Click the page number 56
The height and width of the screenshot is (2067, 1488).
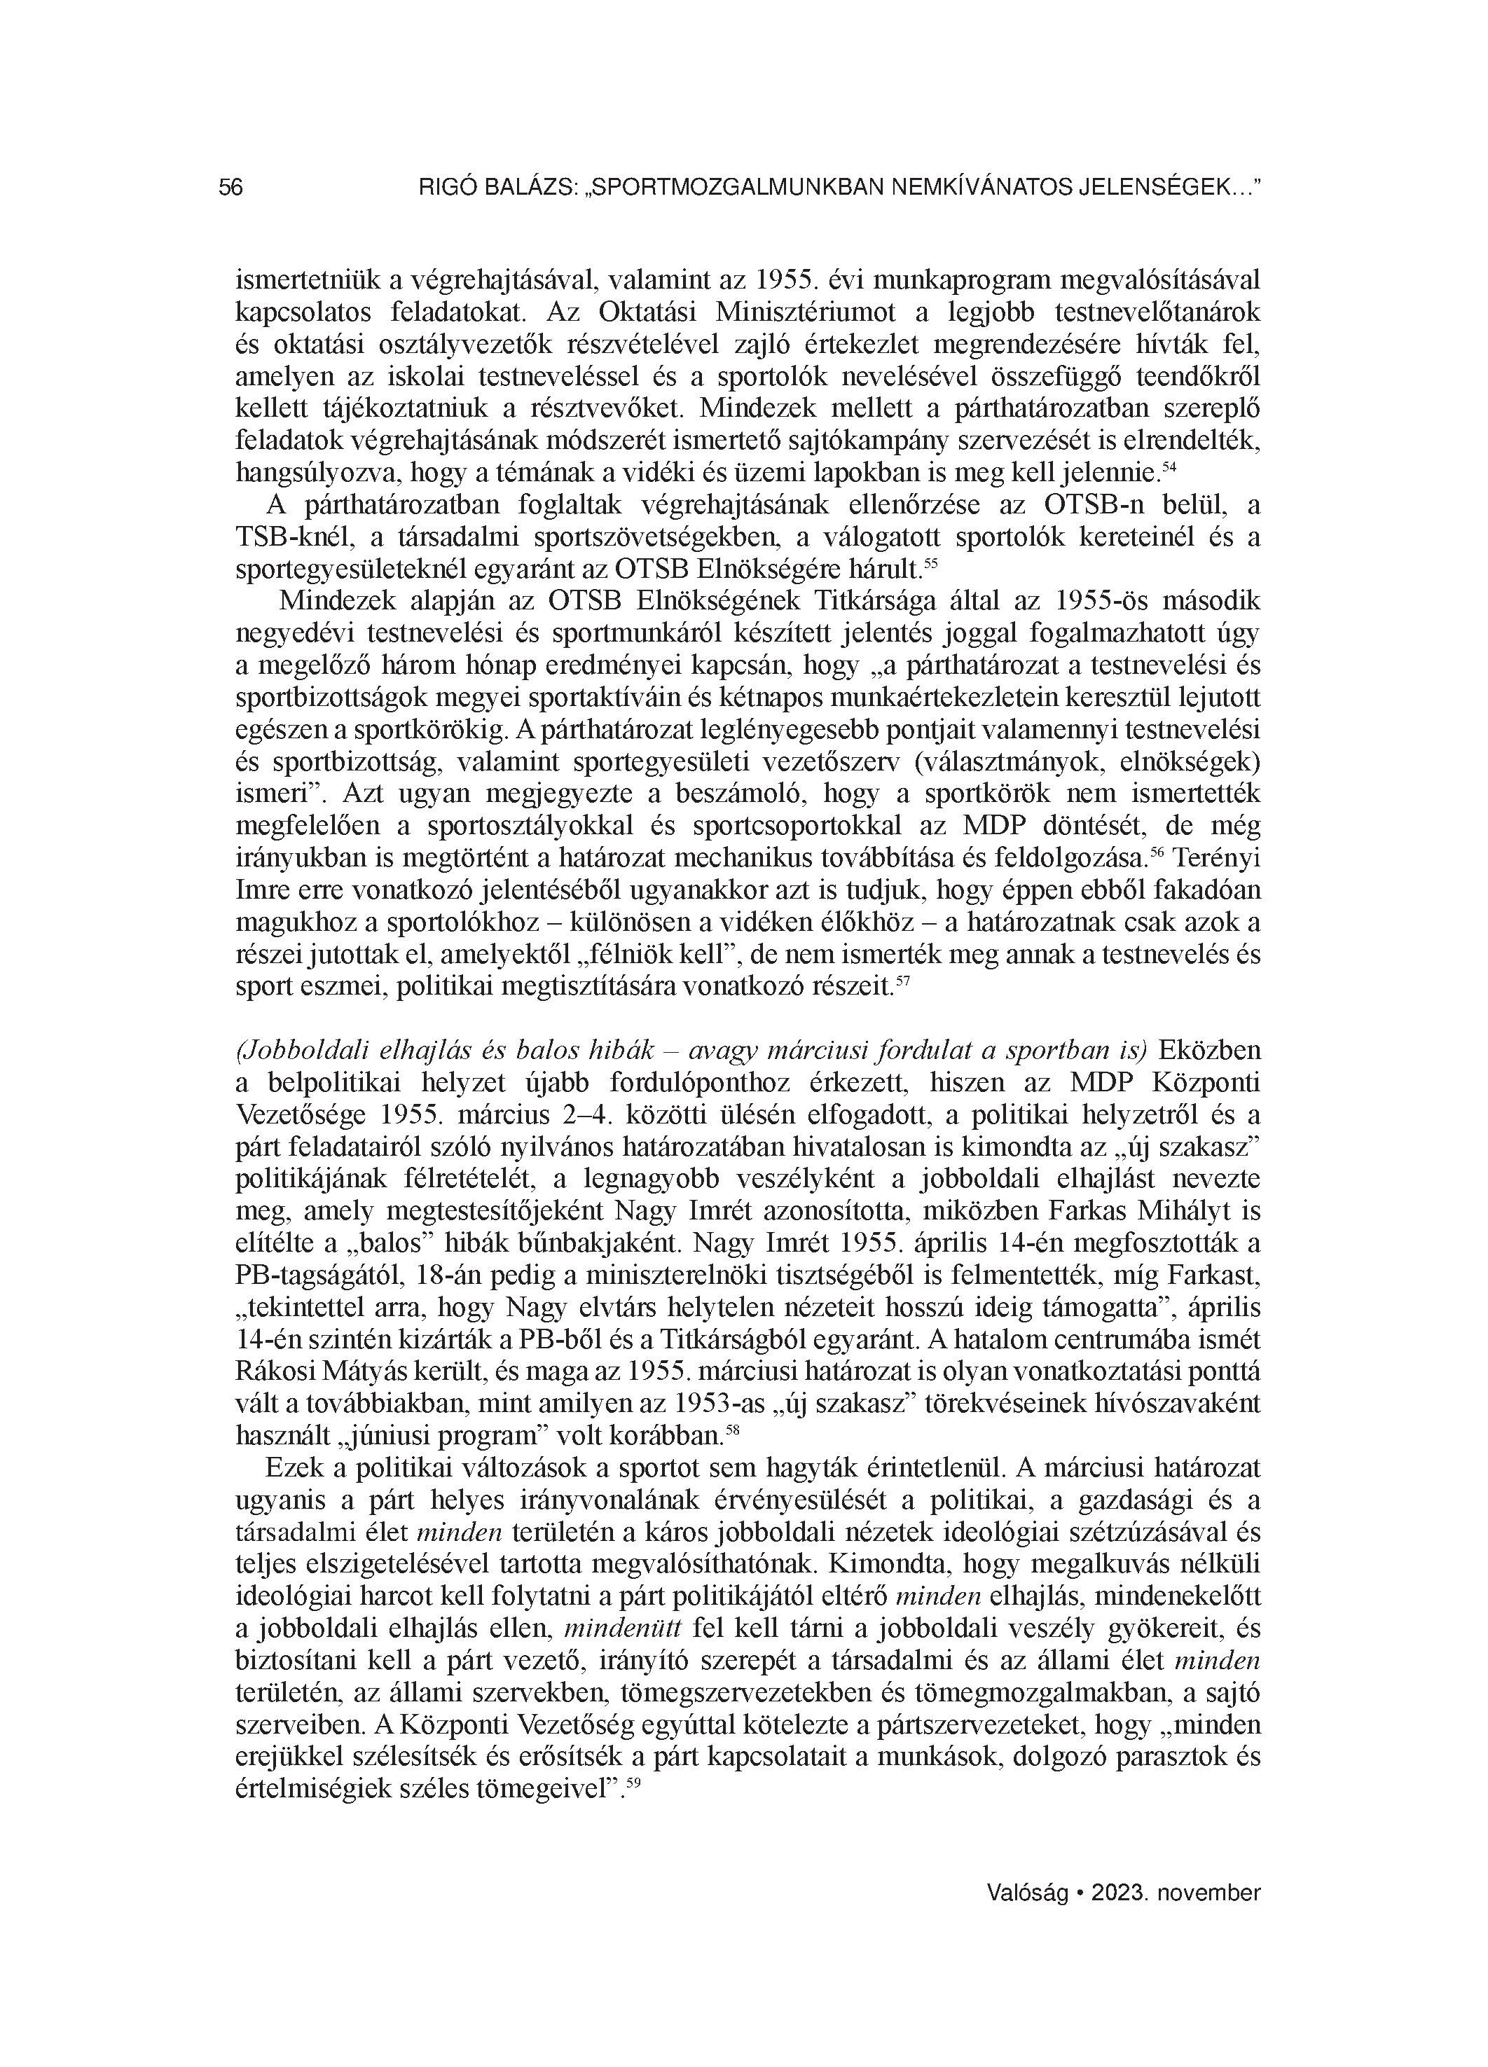click(230, 188)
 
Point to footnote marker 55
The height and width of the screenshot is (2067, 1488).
click(931, 564)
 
